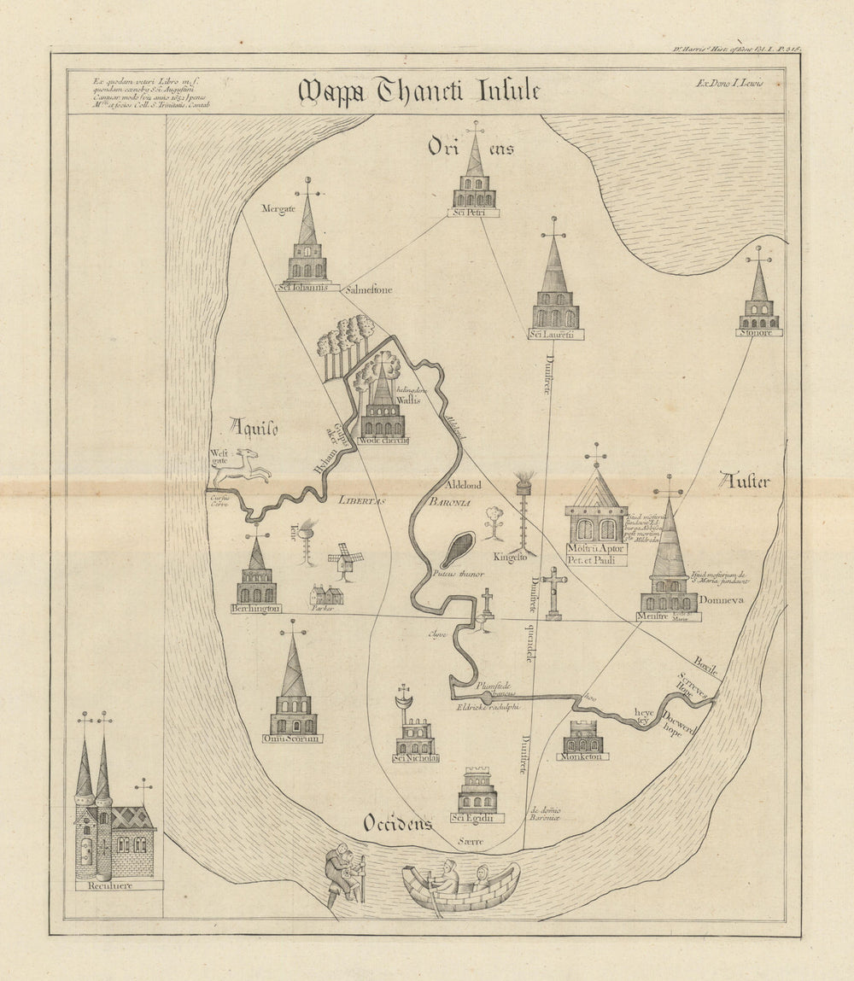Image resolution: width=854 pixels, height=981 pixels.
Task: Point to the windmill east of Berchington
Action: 345,559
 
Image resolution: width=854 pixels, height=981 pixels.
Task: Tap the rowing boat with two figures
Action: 460,885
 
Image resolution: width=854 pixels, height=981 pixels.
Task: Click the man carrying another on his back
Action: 345,873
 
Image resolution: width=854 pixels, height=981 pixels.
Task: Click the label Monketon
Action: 582,756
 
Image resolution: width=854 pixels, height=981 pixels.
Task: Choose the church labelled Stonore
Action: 758,299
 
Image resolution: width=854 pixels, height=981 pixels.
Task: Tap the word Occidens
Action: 397,822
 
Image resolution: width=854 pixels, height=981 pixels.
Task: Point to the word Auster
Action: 744,481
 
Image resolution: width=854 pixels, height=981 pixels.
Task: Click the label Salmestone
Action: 368,290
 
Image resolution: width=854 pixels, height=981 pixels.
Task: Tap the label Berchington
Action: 255,608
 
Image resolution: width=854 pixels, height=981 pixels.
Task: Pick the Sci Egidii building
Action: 477,791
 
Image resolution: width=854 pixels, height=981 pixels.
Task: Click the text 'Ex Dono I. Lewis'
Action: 734,83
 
